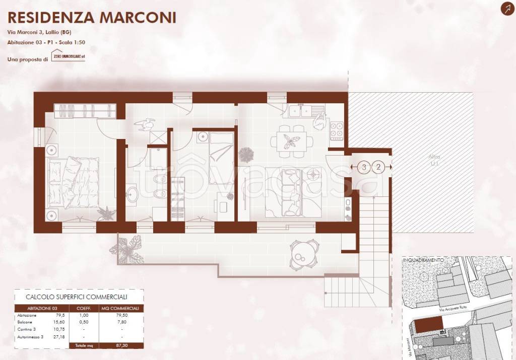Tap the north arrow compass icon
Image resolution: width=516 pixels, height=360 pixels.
(x=505, y=9)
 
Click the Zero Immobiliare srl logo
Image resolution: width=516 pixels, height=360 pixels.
(x=68, y=56)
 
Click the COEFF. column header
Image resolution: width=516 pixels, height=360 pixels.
(x=83, y=308)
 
